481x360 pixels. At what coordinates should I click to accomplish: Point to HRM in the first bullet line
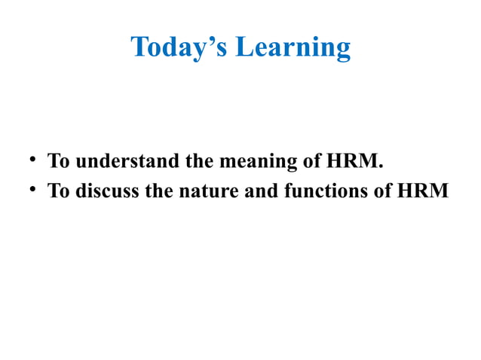coord(351,162)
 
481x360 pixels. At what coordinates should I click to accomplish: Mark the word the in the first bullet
coord(192,162)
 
